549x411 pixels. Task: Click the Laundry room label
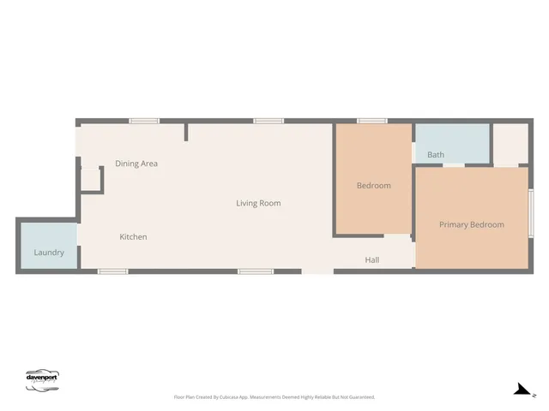click(49, 253)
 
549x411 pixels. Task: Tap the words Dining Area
click(136, 164)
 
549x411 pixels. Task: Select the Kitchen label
click(133, 236)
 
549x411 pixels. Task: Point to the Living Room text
click(258, 203)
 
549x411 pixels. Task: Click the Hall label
click(371, 259)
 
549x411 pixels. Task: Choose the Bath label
click(436, 155)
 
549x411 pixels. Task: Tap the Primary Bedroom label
click(471, 224)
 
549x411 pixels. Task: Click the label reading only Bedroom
click(373, 186)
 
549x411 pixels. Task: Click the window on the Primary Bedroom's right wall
click(531, 211)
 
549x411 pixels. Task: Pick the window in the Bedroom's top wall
click(371, 122)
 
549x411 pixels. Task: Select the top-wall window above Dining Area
click(144, 122)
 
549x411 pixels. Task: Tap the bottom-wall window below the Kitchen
click(112, 271)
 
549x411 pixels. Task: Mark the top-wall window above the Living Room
click(268, 122)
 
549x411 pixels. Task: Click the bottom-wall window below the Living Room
click(253, 271)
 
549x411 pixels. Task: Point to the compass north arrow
click(522, 390)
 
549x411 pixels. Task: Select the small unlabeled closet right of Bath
click(510, 144)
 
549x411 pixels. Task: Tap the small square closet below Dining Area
click(91, 179)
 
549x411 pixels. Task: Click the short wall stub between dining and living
click(186, 132)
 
